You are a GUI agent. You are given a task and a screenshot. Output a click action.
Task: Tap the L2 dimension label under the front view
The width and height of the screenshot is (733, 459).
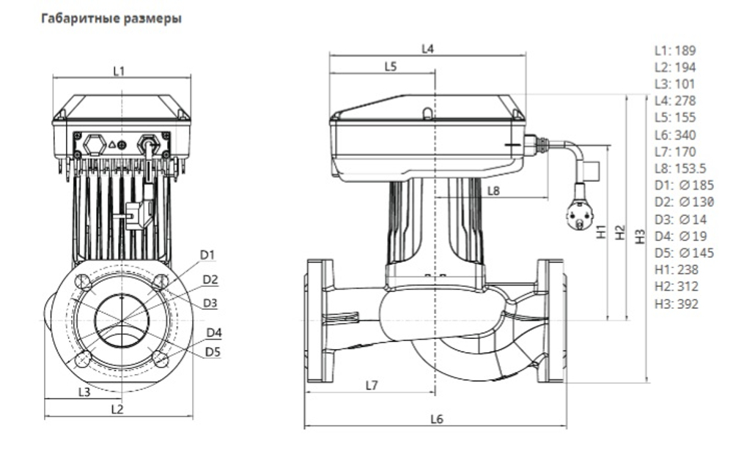pos(117,409)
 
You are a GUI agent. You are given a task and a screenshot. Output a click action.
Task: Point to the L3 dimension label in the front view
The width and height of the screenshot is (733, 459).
pos(84,392)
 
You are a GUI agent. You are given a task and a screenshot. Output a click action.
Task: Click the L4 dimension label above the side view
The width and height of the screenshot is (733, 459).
pos(428,49)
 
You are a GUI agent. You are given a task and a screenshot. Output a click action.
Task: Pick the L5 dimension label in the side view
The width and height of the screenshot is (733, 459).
pos(390,67)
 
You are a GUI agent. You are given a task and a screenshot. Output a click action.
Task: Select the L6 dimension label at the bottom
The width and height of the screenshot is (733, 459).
pos(437,419)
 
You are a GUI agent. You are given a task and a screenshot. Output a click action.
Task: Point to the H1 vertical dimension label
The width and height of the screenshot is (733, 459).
pos(602,233)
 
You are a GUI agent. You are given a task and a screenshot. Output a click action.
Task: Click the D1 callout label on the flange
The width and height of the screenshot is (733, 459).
pos(207,255)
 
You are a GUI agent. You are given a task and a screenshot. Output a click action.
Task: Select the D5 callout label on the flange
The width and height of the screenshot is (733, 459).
pos(213,352)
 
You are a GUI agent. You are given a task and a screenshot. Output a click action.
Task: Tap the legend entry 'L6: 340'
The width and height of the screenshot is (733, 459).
pos(675,135)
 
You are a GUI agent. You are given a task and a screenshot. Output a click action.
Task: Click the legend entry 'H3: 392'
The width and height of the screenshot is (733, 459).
pos(676,303)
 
